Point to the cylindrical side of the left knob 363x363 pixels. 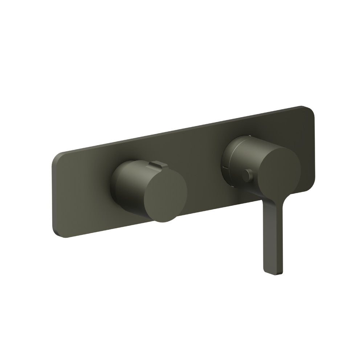[x=127, y=181]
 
